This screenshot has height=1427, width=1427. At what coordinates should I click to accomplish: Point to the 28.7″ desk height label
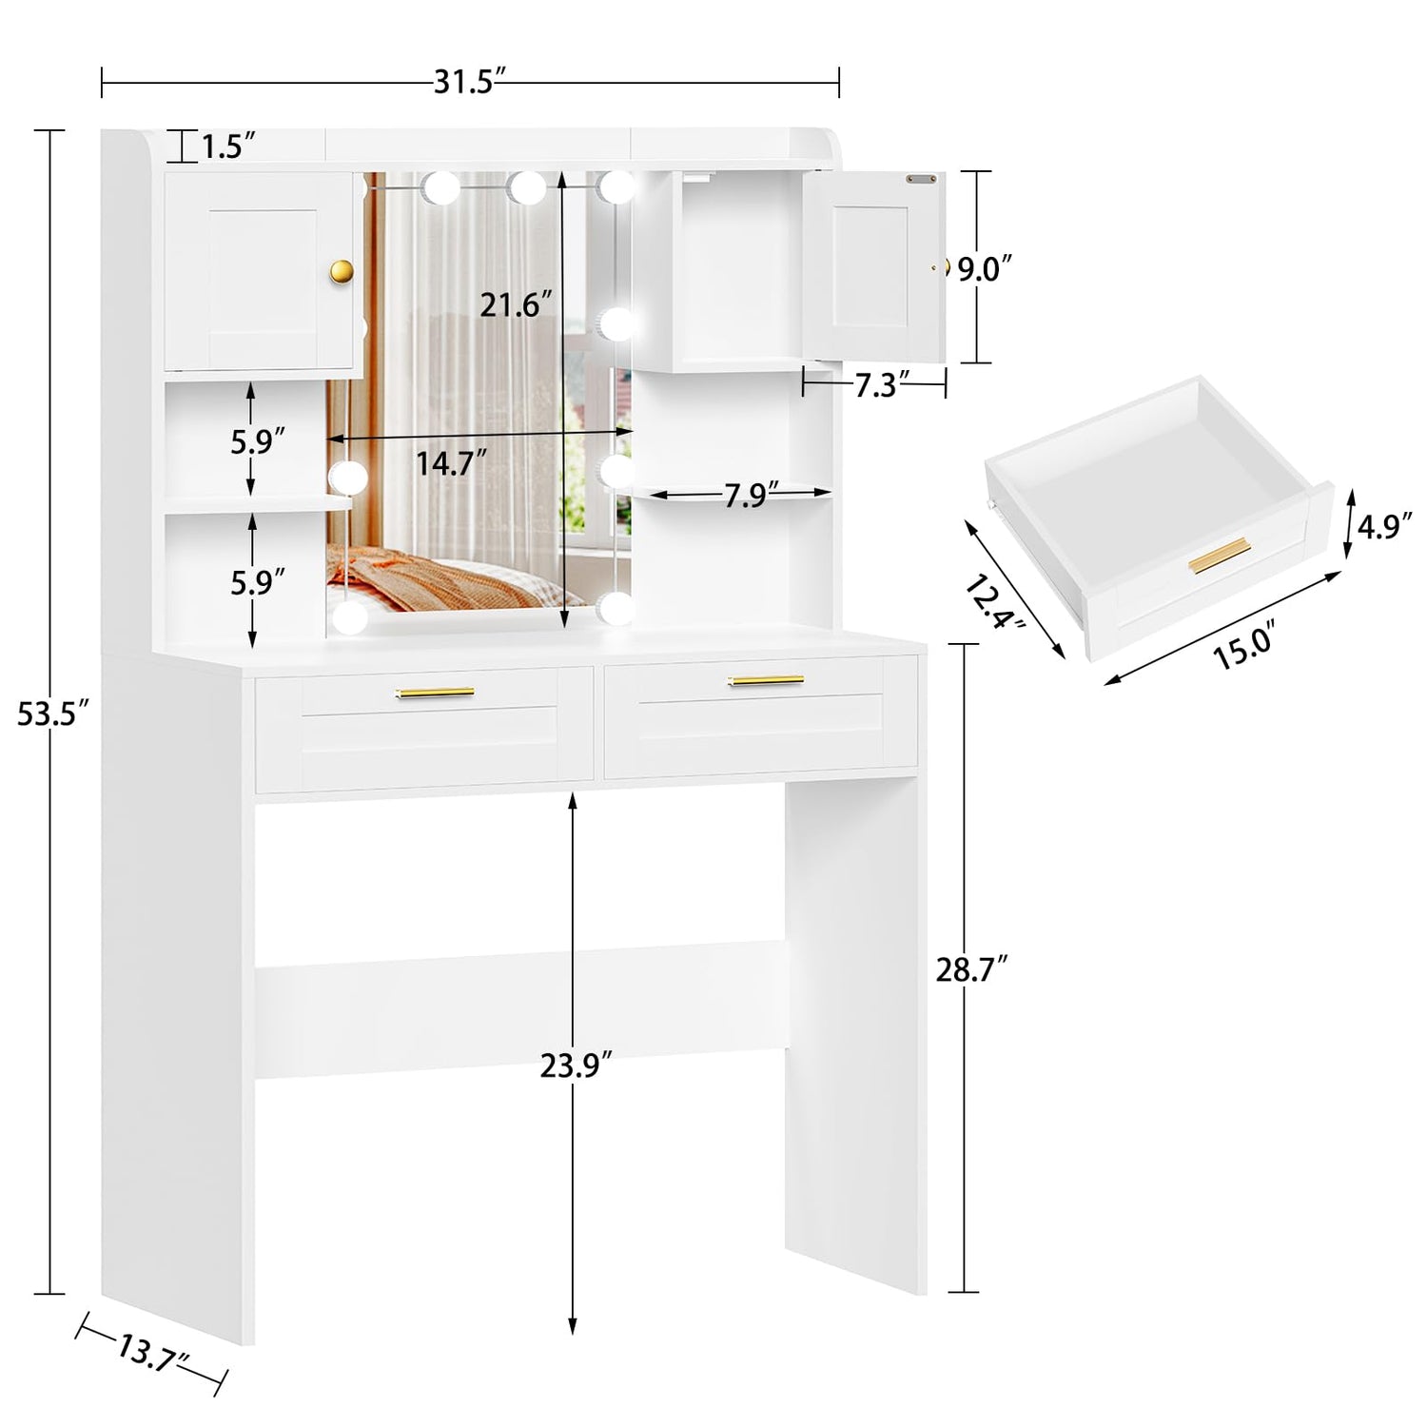click(971, 970)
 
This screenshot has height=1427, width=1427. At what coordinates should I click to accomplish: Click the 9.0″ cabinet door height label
click(980, 270)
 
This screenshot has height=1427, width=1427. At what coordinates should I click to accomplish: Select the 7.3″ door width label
click(875, 385)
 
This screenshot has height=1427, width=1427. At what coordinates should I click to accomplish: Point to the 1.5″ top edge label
click(228, 147)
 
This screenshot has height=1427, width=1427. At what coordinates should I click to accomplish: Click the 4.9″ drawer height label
click(1384, 526)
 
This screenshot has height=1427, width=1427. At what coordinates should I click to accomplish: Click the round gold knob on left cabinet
click(342, 271)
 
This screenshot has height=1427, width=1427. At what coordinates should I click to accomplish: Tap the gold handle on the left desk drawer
click(435, 693)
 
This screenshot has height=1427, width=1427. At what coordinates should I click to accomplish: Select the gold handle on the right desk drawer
click(766, 680)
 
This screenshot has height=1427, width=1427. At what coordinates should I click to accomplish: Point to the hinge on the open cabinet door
click(919, 178)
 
